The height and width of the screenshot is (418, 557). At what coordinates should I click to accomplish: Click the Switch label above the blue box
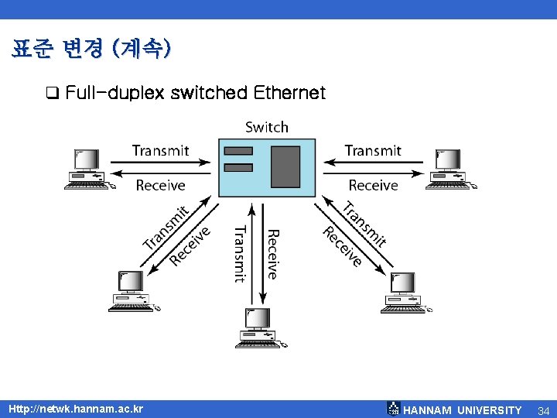coord(266,127)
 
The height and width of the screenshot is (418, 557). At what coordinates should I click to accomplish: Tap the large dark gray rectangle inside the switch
coord(285,166)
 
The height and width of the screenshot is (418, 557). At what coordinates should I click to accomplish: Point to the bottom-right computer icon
coord(402,292)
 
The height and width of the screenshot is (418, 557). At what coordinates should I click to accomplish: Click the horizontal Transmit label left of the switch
coord(160,150)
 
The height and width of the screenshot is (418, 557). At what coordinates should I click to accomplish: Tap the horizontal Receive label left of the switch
coord(160,185)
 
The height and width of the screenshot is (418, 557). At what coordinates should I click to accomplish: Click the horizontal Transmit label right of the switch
coord(373,150)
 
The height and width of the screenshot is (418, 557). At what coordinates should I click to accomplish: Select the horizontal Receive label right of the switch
coord(373,185)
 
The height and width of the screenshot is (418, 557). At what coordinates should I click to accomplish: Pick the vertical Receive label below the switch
coord(272,254)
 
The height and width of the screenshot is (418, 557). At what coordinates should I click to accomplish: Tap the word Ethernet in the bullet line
coord(289,94)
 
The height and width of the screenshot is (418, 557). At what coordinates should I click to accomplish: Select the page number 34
coord(543,409)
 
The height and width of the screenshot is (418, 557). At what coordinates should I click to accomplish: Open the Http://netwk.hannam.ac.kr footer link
coord(74,408)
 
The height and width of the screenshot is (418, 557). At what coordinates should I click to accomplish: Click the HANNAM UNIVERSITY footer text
coord(463,409)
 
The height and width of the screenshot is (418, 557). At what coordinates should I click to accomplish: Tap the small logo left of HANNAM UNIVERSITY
coord(394,408)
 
